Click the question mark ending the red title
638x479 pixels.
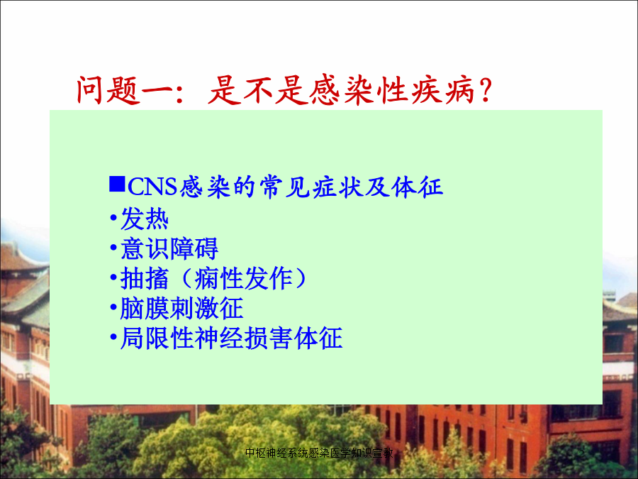pyautogui.click(x=486, y=90)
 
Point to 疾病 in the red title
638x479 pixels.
pyautogui.click(x=442, y=90)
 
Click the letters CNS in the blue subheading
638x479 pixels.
pyautogui.click(x=152, y=187)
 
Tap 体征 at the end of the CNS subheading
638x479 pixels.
pyautogui.click(x=417, y=187)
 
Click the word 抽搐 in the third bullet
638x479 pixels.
pyautogui.click(x=145, y=279)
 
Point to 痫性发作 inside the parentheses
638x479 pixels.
pyautogui.click(x=243, y=279)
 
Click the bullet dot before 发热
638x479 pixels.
pyautogui.click(x=113, y=219)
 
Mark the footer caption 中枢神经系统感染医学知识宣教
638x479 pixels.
pyautogui.click(x=320, y=453)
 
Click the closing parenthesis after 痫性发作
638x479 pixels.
pyautogui.click(x=301, y=279)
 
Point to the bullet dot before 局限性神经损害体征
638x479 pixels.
pyautogui.click(x=113, y=338)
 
